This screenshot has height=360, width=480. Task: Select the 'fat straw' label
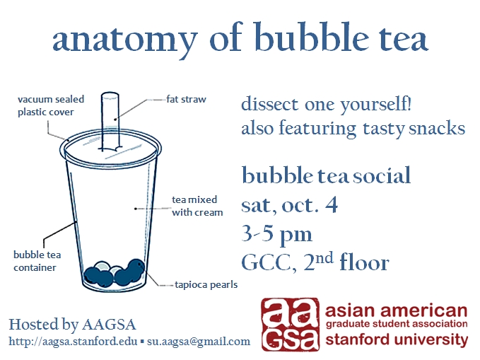[187, 100]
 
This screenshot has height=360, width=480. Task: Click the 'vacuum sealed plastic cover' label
[45, 106]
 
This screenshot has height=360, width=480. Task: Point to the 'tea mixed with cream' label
[197, 206]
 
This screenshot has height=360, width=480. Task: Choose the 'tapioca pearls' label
[206, 285]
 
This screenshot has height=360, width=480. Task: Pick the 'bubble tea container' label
[35, 260]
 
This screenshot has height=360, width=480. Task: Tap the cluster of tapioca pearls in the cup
[113, 272]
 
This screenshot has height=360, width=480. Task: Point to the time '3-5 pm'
[276, 233]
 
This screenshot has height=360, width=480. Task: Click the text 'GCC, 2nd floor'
[315, 263]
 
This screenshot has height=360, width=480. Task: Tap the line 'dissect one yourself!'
[326, 105]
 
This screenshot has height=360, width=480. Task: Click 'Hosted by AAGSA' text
[71, 325]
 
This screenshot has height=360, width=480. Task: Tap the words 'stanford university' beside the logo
[397, 339]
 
